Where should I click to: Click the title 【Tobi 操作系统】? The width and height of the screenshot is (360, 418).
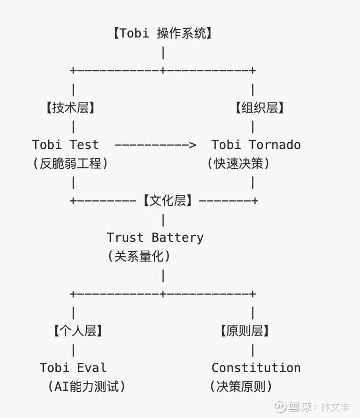163,33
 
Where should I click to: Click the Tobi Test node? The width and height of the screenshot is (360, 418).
65,144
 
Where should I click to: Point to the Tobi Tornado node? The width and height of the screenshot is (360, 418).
256,144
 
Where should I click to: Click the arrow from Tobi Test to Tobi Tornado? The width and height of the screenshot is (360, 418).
155,144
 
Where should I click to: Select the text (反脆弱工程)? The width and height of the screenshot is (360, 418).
70,163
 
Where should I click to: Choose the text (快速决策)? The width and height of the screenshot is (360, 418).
238,163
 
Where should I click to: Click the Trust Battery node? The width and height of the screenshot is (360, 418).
155,238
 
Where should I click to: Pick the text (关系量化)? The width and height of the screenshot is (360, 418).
139,256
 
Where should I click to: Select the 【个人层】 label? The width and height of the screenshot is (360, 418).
78,330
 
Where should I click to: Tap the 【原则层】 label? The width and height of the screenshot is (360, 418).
245,330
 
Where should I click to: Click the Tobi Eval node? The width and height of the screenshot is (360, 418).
73,367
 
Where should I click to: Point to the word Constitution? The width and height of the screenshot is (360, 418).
256,367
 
